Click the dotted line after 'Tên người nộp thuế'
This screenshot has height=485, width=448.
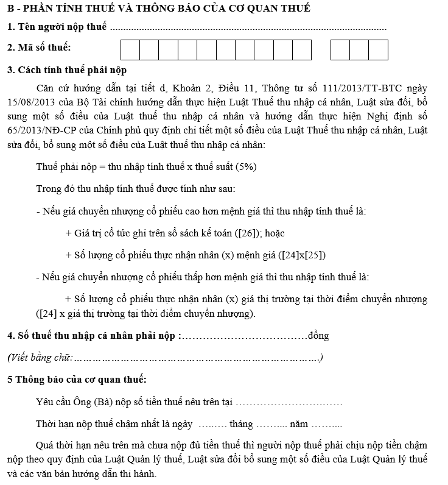click(x=250, y=28)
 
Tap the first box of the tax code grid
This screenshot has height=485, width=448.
click(x=130, y=49)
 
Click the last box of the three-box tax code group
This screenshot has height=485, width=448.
click(x=378, y=49)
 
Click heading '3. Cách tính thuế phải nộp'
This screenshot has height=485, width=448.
click(x=67, y=70)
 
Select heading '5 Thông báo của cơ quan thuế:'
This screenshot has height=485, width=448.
click(x=77, y=380)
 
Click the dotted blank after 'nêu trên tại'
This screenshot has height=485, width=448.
click(x=289, y=402)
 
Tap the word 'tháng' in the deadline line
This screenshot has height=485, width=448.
click(x=241, y=424)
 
